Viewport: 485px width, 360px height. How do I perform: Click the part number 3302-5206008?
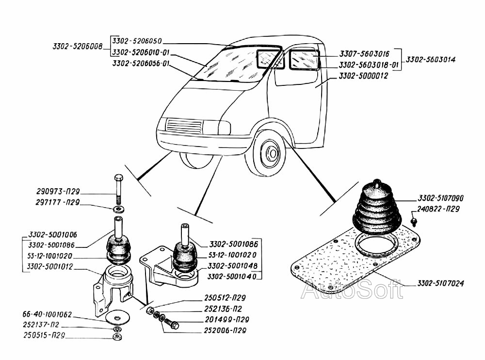coord(78,47)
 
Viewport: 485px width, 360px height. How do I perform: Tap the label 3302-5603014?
coord(431,59)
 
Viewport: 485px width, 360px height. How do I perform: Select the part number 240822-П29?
coord(437,209)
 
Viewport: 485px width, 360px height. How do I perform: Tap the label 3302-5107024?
coord(440,283)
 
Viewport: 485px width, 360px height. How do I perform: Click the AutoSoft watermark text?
coord(352,290)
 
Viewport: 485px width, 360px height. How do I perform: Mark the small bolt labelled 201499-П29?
coord(172,323)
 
